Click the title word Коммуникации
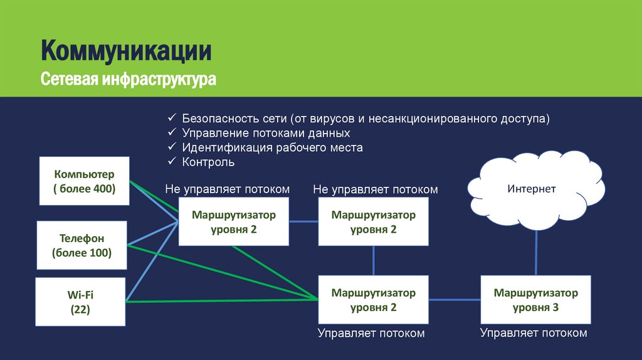click(x=126, y=50)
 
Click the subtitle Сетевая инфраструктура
click(x=129, y=80)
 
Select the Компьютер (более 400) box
click(x=84, y=181)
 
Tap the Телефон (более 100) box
click(x=82, y=246)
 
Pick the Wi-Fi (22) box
click(x=81, y=302)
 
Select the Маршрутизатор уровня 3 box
click(x=535, y=300)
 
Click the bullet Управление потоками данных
click(x=266, y=133)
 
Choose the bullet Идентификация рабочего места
click(x=272, y=148)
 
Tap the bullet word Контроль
click(x=208, y=162)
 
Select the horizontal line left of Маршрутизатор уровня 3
click(x=455, y=299)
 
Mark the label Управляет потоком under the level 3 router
click(x=534, y=334)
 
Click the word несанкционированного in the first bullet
click(x=426, y=119)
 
